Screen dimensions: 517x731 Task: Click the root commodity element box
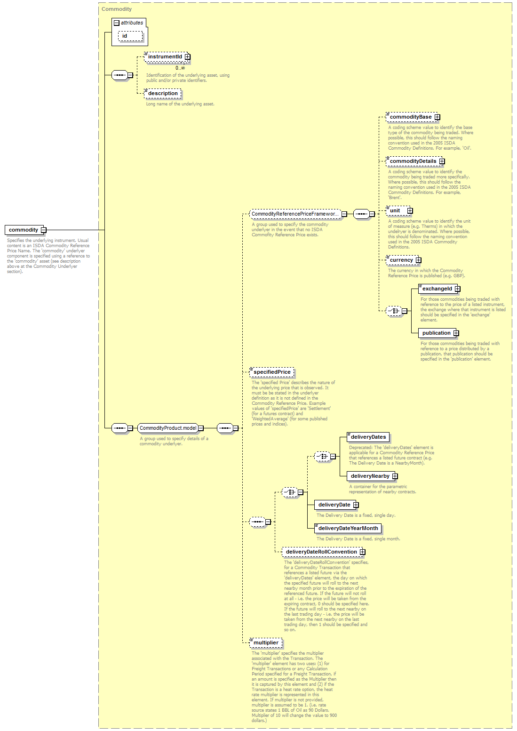click(24, 230)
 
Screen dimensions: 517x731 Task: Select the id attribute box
click(130, 36)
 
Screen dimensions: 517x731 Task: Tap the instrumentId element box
click(166, 57)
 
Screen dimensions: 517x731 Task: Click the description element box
click(162, 93)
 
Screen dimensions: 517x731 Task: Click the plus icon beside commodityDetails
click(442, 161)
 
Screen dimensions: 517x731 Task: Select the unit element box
click(398, 211)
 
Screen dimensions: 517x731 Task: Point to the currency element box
click(402, 260)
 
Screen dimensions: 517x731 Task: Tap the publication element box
click(437, 333)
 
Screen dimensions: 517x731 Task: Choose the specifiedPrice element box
click(272, 372)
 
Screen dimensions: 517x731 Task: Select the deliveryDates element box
click(368, 437)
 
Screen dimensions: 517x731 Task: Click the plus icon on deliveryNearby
click(395, 476)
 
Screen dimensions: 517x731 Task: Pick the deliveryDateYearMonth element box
click(348, 528)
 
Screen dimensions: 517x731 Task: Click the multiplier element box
click(266, 643)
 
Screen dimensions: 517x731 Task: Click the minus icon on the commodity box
click(43, 230)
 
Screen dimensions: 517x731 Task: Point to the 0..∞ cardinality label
click(180, 68)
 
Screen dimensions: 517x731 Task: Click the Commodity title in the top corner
click(117, 9)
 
